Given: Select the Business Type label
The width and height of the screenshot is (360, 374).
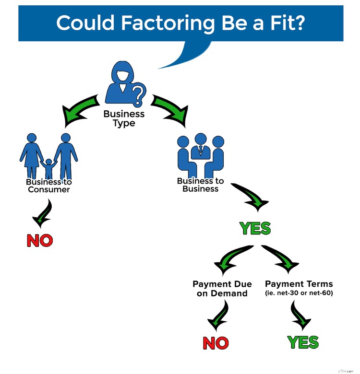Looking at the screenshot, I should pos(124,118).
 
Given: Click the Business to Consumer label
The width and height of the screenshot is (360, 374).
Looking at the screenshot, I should pos(48,186).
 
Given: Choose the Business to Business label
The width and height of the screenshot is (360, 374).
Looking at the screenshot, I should pos(201,185).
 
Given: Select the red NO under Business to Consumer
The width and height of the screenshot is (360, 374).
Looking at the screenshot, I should pos(39,241).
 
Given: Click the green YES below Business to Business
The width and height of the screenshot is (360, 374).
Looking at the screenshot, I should pos(255,229).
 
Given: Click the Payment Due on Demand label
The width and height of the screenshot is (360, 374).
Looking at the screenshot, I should pos(222,289).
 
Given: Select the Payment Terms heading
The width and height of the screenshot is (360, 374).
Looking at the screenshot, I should pos(299,284).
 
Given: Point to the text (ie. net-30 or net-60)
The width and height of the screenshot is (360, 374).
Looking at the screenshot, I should pos(299,293).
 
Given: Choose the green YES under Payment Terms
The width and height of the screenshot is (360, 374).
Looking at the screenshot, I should pos(303,342).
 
